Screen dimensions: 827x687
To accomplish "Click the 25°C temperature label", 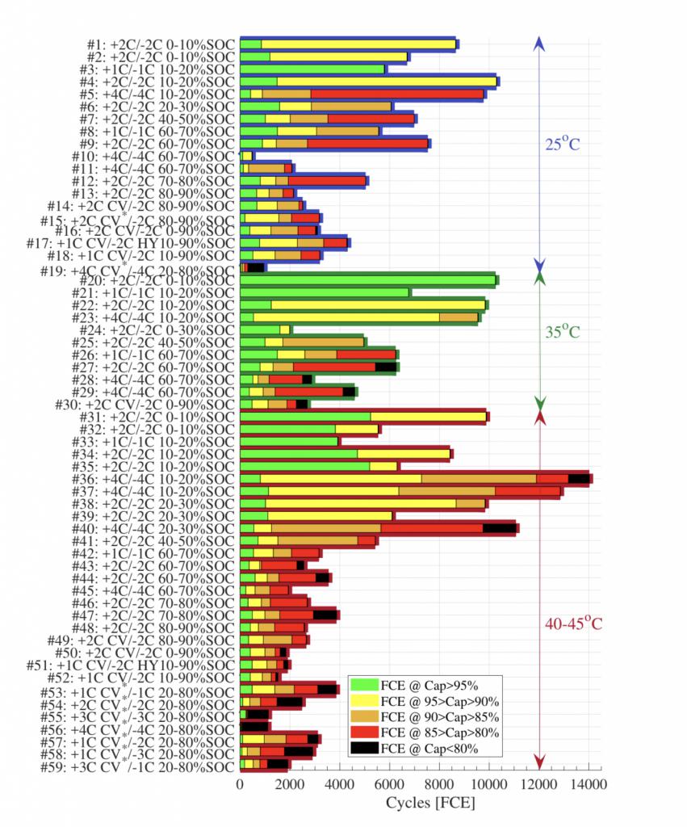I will click(x=563, y=145).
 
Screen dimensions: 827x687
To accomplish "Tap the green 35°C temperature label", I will click(x=563, y=332).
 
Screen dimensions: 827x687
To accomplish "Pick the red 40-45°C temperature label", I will click(x=574, y=623).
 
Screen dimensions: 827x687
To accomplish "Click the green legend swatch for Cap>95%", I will click(x=364, y=684).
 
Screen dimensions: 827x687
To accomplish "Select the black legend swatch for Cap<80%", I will click(x=364, y=749).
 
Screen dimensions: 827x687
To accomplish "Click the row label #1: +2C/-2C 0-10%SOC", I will click(x=161, y=44).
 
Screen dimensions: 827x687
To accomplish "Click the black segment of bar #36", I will click(x=579, y=479).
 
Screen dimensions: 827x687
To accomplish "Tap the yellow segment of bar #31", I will click(x=429, y=417).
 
